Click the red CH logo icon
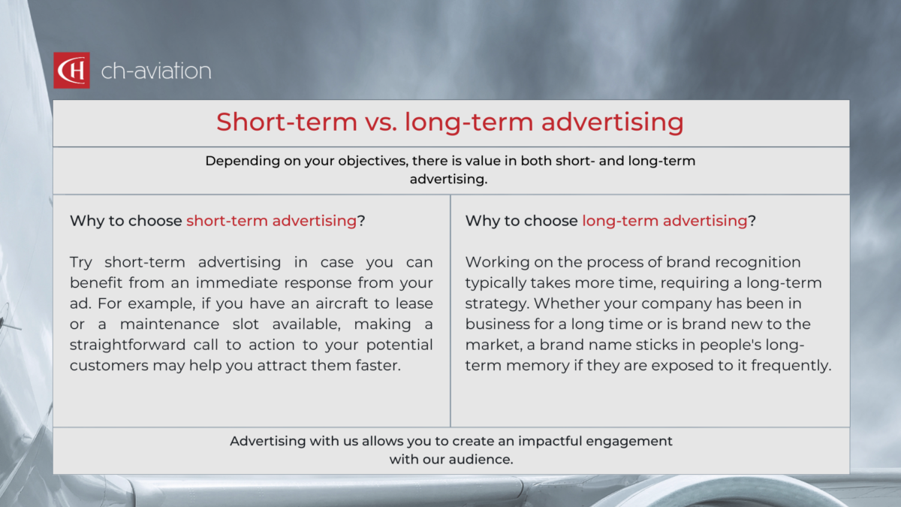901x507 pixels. tap(71, 71)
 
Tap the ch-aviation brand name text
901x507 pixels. tap(156, 71)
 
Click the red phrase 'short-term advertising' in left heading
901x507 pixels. tap(271, 221)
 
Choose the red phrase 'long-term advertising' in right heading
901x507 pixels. tap(664, 221)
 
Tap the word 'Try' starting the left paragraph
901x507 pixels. tap(84, 263)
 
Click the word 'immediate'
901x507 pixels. tap(270, 283)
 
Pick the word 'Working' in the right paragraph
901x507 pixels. tap(495, 263)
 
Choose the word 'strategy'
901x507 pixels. tap(493, 303)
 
